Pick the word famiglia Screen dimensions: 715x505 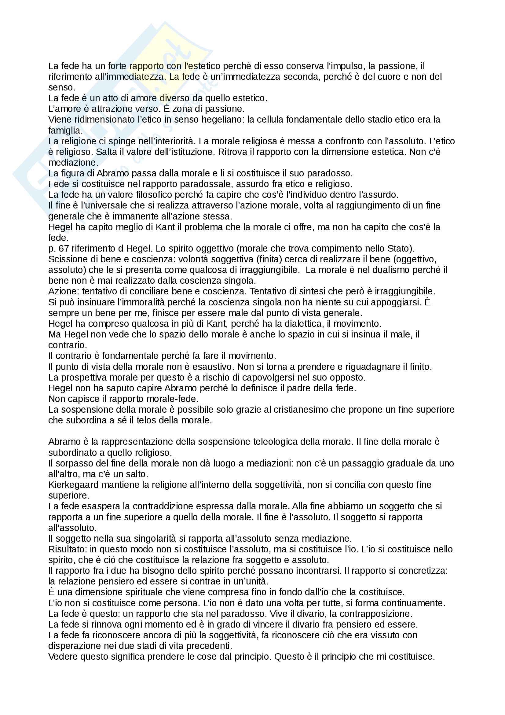coord(65,131)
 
